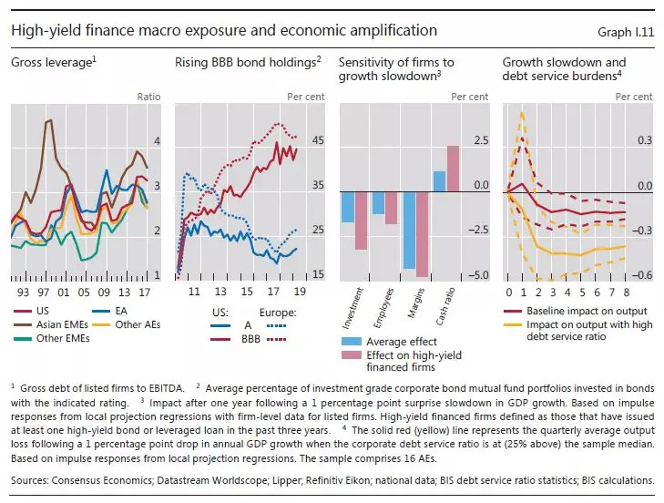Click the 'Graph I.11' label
(x=626, y=31)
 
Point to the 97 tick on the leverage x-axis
(x=43, y=293)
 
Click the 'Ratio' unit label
(x=148, y=95)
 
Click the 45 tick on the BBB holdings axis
(x=318, y=140)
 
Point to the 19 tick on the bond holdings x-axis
(x=299, y=293)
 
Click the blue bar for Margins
(x=409, y=231)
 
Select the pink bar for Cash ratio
(x=453, y=169)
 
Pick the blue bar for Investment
(x=347, y=207)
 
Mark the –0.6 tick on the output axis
(x=644, y=275)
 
